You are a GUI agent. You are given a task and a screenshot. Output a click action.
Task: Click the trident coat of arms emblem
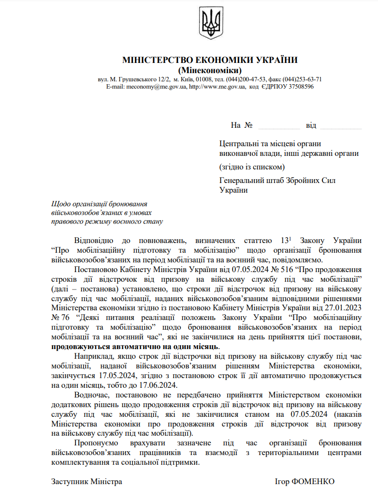pyautogui.click(x=210, y=23)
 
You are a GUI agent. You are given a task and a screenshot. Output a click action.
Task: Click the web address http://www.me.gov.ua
pyautogui.click(x=218, y=87)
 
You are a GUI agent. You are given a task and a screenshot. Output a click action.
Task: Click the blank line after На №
pyautogui.click(x=279, y=126)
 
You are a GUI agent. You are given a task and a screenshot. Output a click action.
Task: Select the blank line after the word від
pyautogui.click(x=340, y=126)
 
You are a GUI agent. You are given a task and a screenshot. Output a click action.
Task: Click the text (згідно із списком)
pyautogui.click(x=251, y=167)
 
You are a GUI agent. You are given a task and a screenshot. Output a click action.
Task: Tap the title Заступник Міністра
pyautogui.click(x=87, y=482)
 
